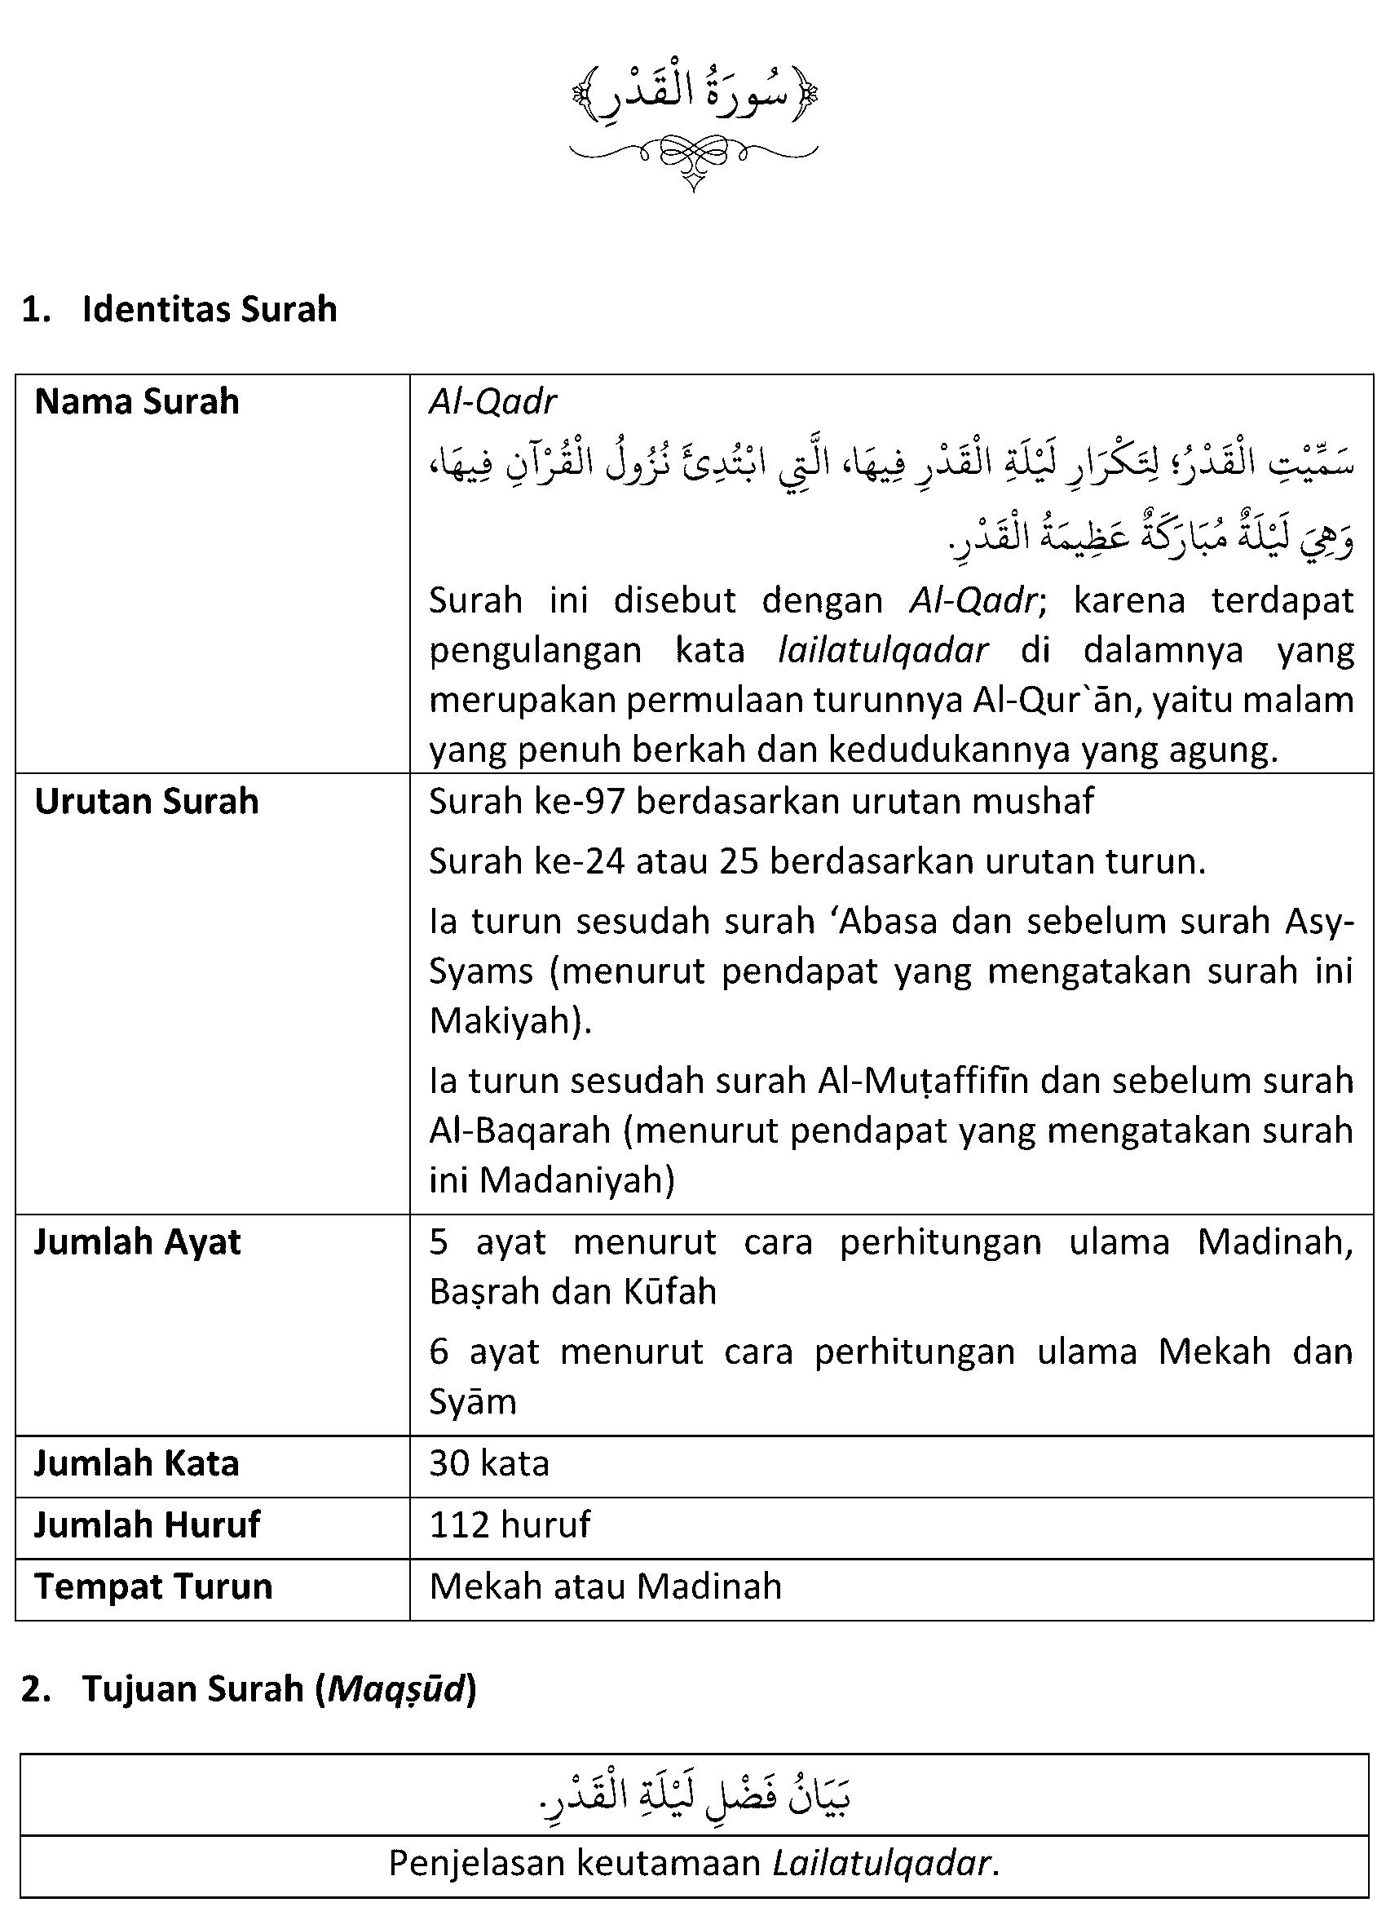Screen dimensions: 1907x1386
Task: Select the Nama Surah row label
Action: pyautogui.click(x=137, y=402)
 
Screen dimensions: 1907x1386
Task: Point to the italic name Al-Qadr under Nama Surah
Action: pyautogui.click(x=492, y=403)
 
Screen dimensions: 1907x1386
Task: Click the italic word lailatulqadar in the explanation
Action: pyautogui.click(x=882, y=650)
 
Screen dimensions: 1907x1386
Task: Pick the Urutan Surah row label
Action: pyautogui.click(x=146, y=801)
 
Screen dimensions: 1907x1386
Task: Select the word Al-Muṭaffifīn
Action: pyautogui.click(x=922, y=1081)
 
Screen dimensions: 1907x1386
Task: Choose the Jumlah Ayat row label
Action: pyautogui.click(x=137, y=1242)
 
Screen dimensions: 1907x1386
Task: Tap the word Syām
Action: pyautogui.click(x=472, y=1401)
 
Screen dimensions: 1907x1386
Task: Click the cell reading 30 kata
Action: pyautogui.click(x=489, y=1464)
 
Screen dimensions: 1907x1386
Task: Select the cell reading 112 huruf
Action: pyautogui.click(x=510, y=1524)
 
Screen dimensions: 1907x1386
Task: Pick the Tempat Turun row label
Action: pyautogui.click(x=154, y=1586)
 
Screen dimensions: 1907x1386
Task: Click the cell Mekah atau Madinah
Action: pyautogui.click(x=605, y=1586)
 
